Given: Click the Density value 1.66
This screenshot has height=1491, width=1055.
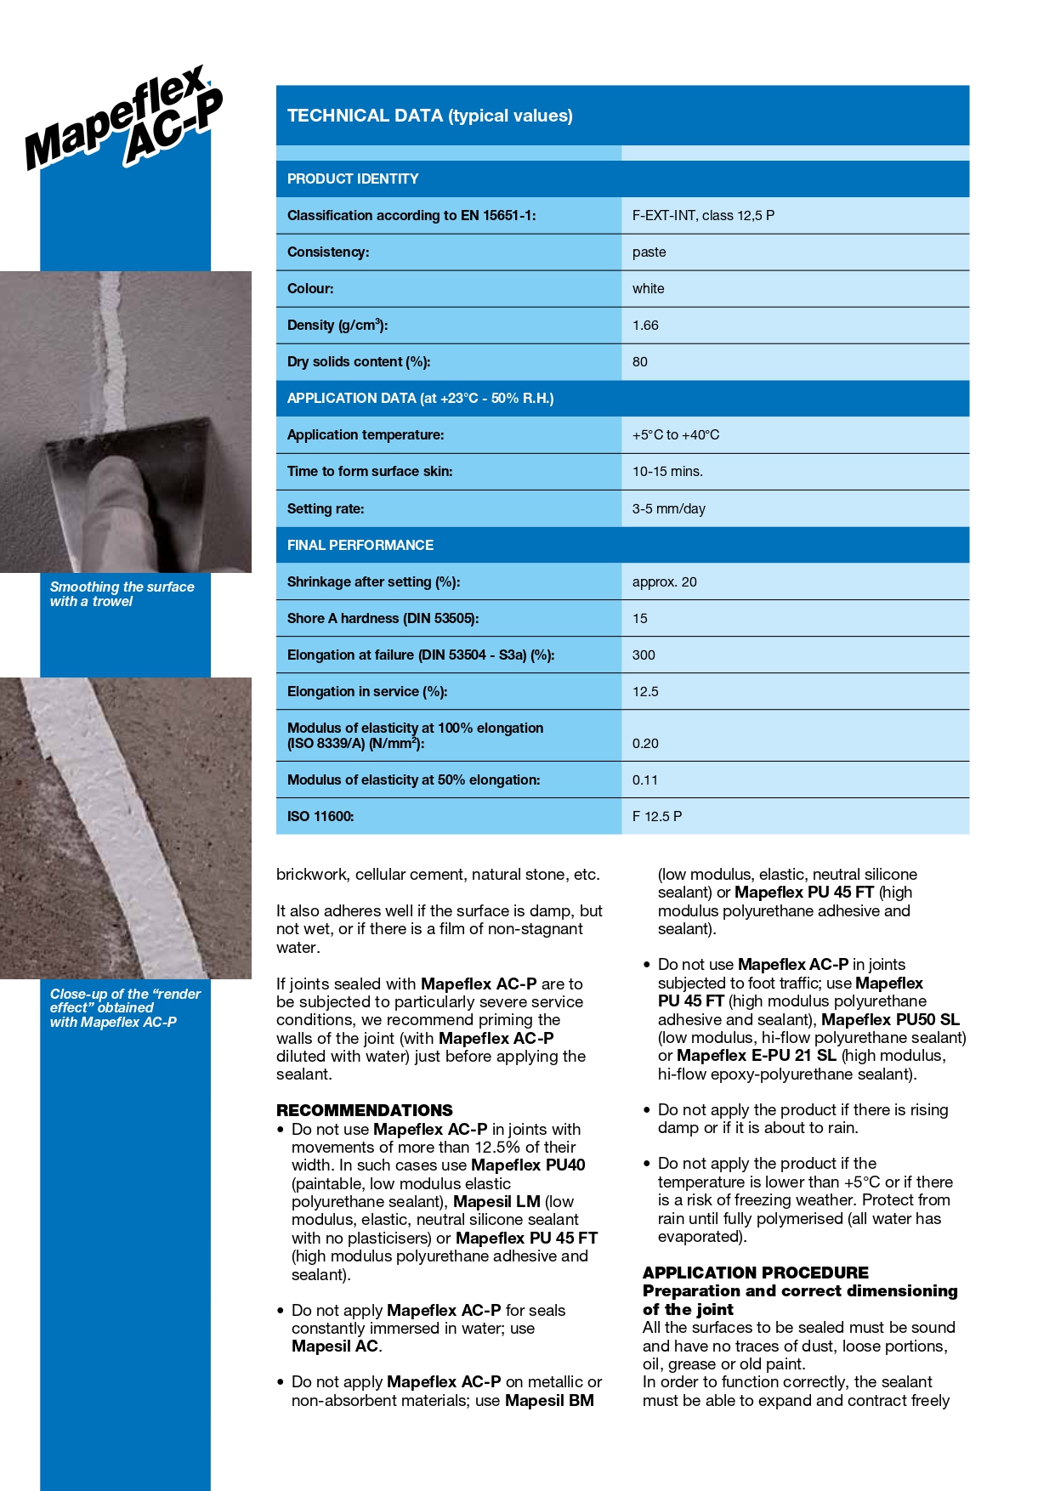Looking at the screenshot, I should [645, 326].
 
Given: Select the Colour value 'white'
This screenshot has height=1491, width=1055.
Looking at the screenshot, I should [648, 289].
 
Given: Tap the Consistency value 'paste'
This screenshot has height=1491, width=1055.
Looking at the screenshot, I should [649, 252].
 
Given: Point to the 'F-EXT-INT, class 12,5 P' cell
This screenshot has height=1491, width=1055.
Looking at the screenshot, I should [703, 216].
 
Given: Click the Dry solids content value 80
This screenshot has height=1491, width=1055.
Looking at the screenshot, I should [639, 362].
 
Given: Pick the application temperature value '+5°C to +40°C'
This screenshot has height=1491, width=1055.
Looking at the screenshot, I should [675, 435].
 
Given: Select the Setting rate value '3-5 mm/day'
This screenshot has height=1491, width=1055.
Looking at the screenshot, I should [668, 509].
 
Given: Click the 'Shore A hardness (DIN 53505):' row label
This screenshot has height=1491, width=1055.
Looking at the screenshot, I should [383, 619].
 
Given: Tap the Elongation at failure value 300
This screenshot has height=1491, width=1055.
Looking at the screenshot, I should [644, 655].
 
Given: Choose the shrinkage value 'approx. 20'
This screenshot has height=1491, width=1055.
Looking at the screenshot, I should [664, 582].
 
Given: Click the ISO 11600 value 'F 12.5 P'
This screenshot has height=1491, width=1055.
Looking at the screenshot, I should [656, 817].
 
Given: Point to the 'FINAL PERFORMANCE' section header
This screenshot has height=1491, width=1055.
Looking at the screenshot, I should [360, 546].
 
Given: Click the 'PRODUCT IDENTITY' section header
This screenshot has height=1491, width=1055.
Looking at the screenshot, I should [353, 179].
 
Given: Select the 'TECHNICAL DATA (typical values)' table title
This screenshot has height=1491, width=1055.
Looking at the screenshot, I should [429, 116].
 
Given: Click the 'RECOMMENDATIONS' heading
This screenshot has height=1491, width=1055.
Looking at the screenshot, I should [364, 1110].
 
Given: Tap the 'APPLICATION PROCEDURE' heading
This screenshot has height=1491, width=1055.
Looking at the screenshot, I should [755, 1273].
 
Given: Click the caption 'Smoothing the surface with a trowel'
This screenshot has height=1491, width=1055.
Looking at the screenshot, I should [122, 594].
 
